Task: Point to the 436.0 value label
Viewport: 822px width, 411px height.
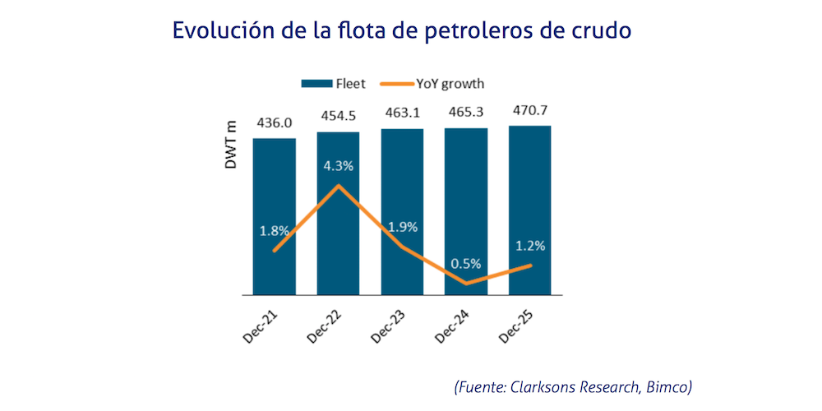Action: pyautogui.click(x=274, y=123)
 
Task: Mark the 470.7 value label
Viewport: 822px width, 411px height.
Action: pyautogui.click(x=530, y=111)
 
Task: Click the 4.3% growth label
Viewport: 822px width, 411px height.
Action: pyautogui.click(x=337, y=165)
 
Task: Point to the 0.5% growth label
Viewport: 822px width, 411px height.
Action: pyautogui.click(x=465, y=265)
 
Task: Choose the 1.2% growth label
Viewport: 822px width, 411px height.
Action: pyautogui.click(x=530, y=245)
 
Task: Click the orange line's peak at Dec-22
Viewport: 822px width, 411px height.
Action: pyautogui.click(x=338, y=185)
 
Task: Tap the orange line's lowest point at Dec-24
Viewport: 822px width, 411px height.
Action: pyautogui.click(x=466, y=284)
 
